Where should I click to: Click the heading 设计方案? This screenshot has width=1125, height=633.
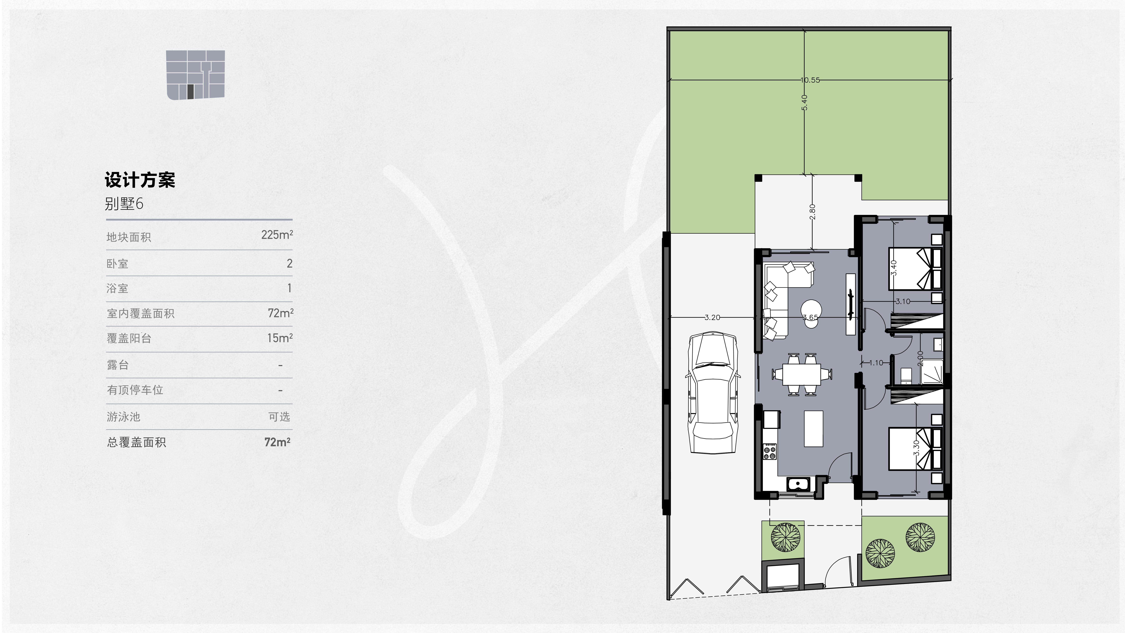coord(140,180)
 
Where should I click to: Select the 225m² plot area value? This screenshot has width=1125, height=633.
coord(277,235)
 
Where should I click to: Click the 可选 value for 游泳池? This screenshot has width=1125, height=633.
coord(279,417)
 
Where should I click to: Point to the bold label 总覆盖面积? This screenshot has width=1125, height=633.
coord(136,442)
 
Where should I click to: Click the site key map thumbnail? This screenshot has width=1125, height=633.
coord(195,75)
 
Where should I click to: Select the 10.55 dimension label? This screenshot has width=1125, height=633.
coord(810,80)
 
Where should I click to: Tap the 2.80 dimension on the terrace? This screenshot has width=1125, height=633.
coord(812,212)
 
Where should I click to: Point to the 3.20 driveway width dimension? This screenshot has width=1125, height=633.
coord(712,318)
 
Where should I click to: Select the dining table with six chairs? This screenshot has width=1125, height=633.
coord(802,374)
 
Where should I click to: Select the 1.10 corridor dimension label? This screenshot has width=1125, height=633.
coord(876,363)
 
